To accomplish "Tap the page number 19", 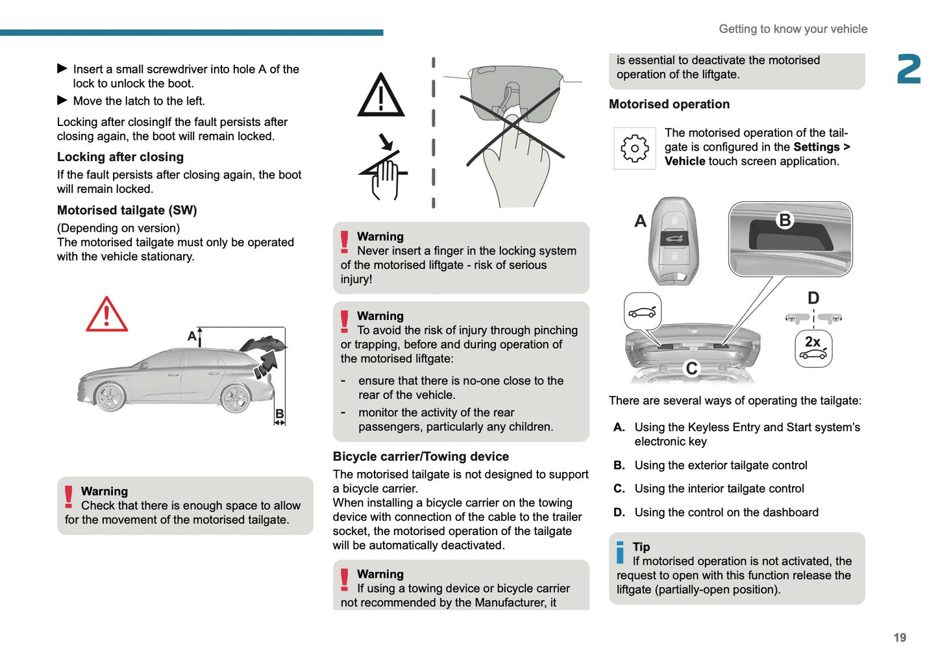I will click(x=899, y=638).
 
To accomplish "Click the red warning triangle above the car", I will click(x=106, y=315).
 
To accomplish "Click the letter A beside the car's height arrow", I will click(x=191, y=336).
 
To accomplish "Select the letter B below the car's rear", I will click(x=280, y=414).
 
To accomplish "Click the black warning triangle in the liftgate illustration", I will click(x=381, y=95).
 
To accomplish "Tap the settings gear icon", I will click(x=634, y=149).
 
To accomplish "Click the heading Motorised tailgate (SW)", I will click(x=127, y=210).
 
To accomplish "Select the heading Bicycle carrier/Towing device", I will click(x=421, y=456).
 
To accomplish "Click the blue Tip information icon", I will click(x=620, y=553).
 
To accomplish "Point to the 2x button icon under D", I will click(x=813, y=349).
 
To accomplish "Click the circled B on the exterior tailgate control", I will click(x=785, y=221).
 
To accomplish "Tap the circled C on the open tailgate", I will click(x=692, y=368).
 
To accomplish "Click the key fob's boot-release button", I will click(x=674, y=238).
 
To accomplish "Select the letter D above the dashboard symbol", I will click(x=813, y=298).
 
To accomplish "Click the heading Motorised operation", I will click(x=669, y=105).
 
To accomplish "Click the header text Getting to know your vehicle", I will click(x=793, y=29).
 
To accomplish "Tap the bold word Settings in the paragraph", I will click(x=816, y=147).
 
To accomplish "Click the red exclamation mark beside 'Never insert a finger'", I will click(x=345, y=242).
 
